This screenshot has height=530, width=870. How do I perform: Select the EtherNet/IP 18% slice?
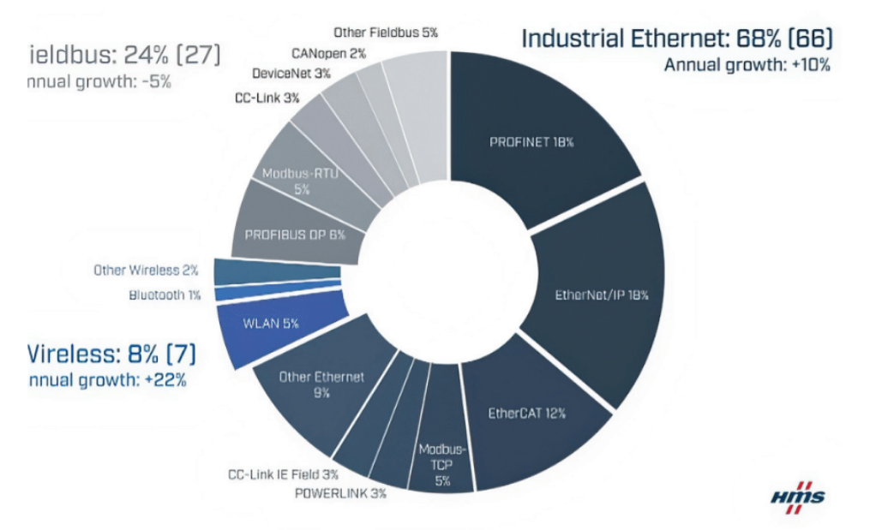tap(600, 295)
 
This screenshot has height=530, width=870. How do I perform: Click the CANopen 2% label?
tap(328, 54)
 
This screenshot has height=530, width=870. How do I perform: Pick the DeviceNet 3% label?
tap(291, 74)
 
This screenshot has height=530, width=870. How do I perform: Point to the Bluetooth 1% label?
tap(164, 295)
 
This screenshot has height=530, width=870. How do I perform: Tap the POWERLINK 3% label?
tap(339, 493)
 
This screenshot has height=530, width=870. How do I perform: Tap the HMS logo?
tap(797, 496)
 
